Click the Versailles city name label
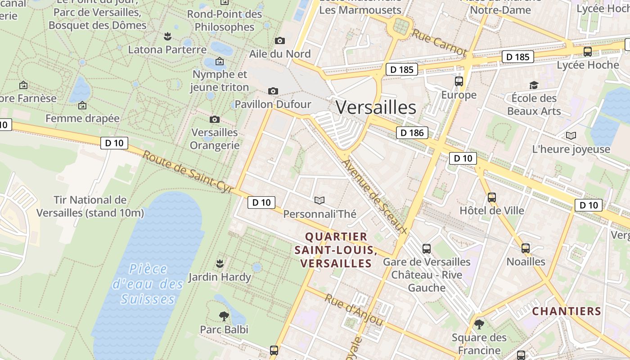[376, 108]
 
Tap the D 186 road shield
[412, 133]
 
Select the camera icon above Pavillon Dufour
[273, 91]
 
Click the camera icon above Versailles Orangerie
[215, 119]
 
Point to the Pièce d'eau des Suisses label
[148, 284]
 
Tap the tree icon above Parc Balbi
[224, 316]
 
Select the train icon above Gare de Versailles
[426, 248]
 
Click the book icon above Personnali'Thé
[319, 200]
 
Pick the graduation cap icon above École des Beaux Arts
[534, 85]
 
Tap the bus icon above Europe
[459, 81]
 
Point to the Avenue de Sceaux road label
[374, 197]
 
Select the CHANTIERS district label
[567, 311]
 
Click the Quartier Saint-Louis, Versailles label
[336, 250]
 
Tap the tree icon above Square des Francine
[479, 324]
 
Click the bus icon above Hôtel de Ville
[492, 197]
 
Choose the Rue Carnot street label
[439, 43]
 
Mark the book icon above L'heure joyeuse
[571, 136]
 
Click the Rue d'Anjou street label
[354, 310]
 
